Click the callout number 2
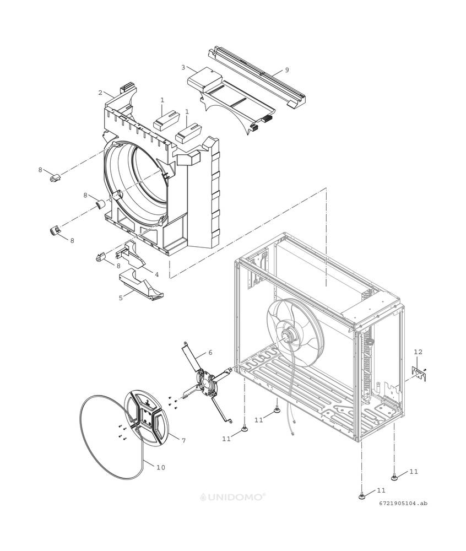tap(100, 93)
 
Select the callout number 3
tap(183, 67)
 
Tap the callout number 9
tap(287, 70)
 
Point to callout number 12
tap(418, 352)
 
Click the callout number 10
tap(160, 467)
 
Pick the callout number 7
tap(183, 440)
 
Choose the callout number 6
tap(210, 352)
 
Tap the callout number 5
tap(121, 298)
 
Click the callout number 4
tap(156, 274)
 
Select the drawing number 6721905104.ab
tap(403, 504)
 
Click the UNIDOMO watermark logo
tap(232, 497)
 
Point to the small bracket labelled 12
tap(419, 373)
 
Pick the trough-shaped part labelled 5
tap(142, 284)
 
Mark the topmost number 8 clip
tap(55, 178)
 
